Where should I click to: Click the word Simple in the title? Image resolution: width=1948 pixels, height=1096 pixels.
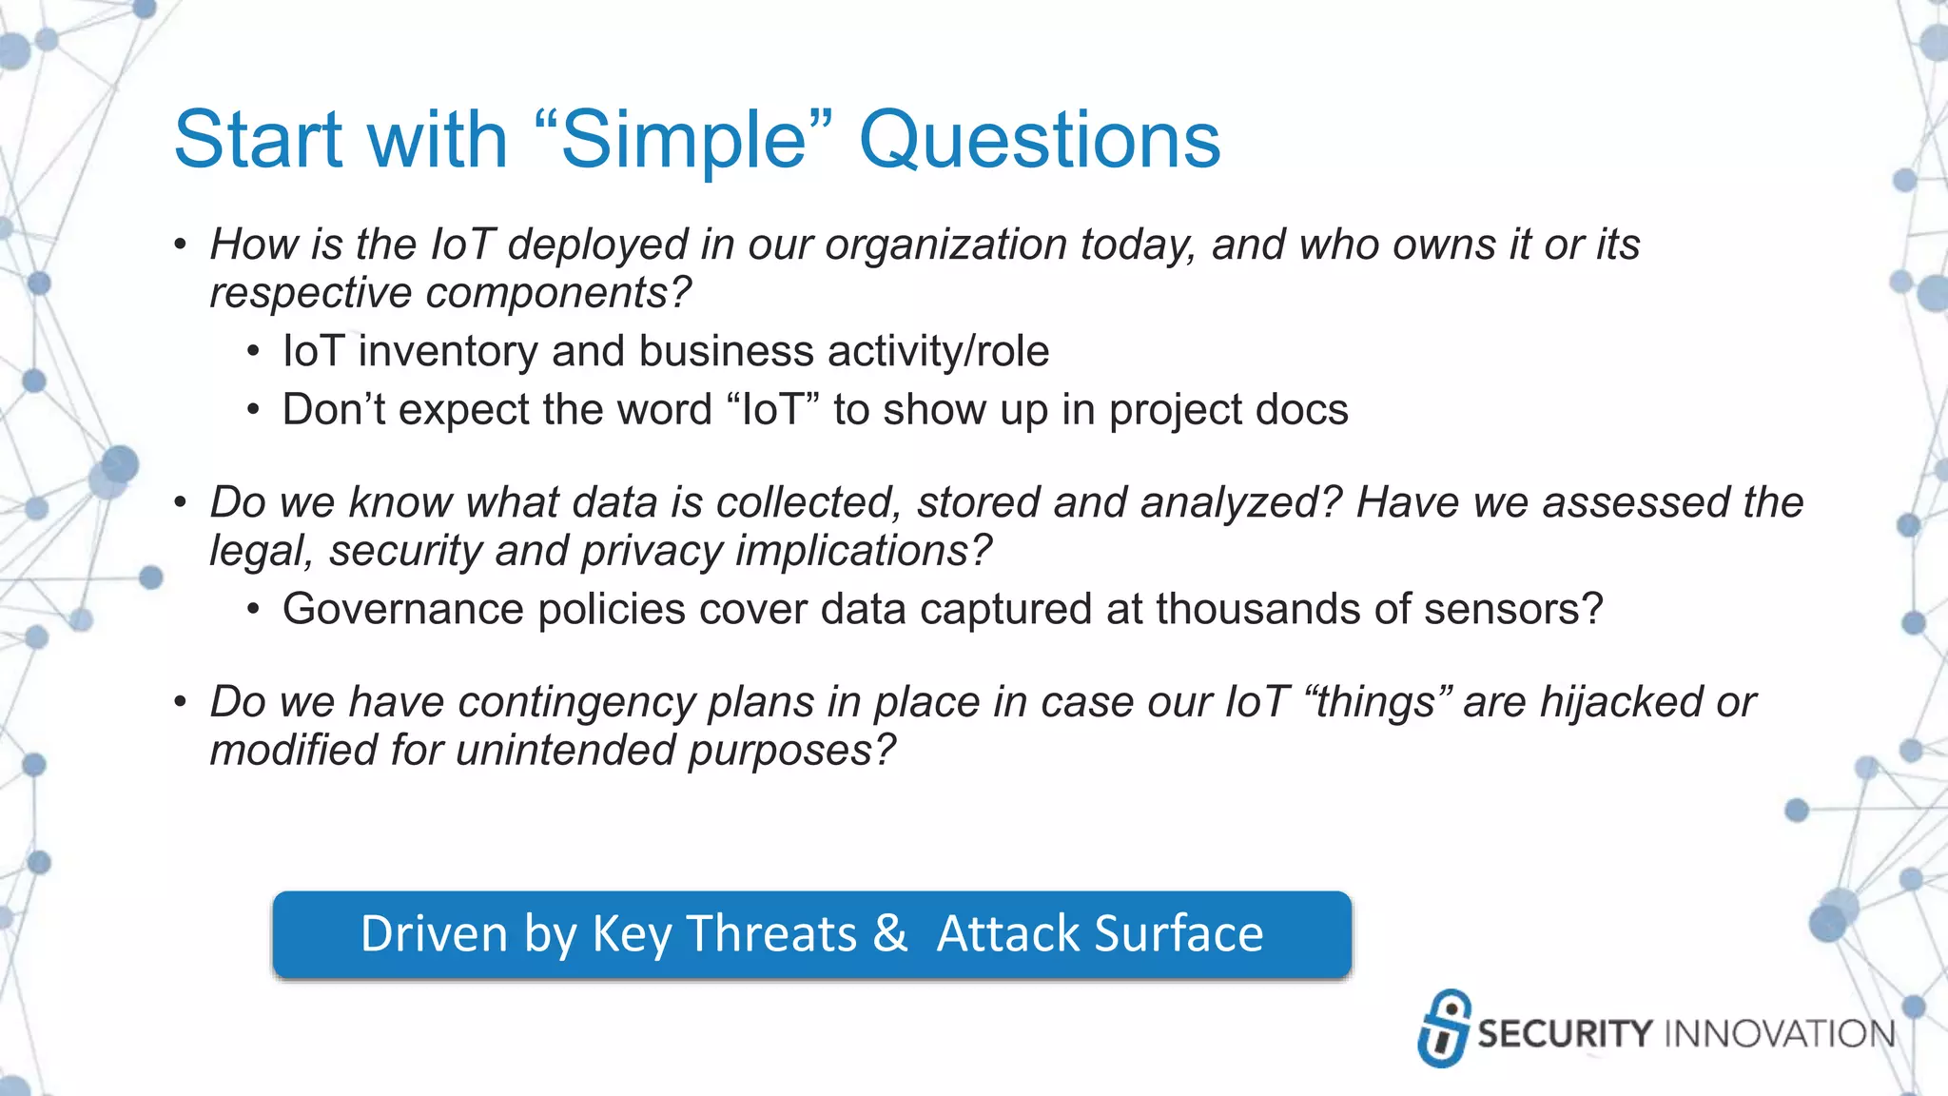[685, 141]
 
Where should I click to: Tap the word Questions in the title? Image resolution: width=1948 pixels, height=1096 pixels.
[1040, 141]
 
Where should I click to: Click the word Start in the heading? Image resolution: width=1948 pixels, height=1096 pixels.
[258, 141]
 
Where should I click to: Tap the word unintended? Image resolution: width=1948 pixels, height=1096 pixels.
[565, 751]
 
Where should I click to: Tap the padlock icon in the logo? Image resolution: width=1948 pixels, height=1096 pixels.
[1444, 1027]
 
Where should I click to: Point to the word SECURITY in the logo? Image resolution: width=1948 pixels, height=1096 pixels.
[1565, 1033]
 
